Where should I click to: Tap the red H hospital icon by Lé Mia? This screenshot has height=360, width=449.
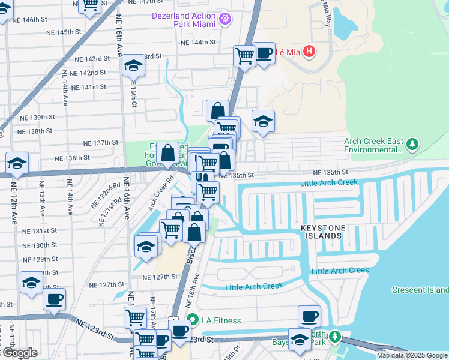309,52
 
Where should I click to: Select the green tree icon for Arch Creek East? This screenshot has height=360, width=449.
412,145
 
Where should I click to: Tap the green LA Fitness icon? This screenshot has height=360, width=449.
192,319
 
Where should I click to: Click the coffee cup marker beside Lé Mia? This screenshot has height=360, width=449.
264,53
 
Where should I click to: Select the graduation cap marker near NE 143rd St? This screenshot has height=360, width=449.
133,66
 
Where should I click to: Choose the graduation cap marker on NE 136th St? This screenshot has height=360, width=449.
17,163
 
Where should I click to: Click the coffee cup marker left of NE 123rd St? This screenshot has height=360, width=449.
54,298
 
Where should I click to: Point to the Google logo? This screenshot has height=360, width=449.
19,353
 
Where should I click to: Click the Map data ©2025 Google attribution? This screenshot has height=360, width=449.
412,355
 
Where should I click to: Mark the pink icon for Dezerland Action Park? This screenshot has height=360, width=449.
225,19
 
